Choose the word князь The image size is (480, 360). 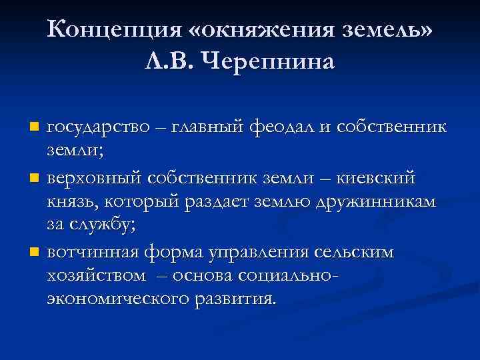point(73,202)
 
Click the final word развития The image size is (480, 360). point(233,298)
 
